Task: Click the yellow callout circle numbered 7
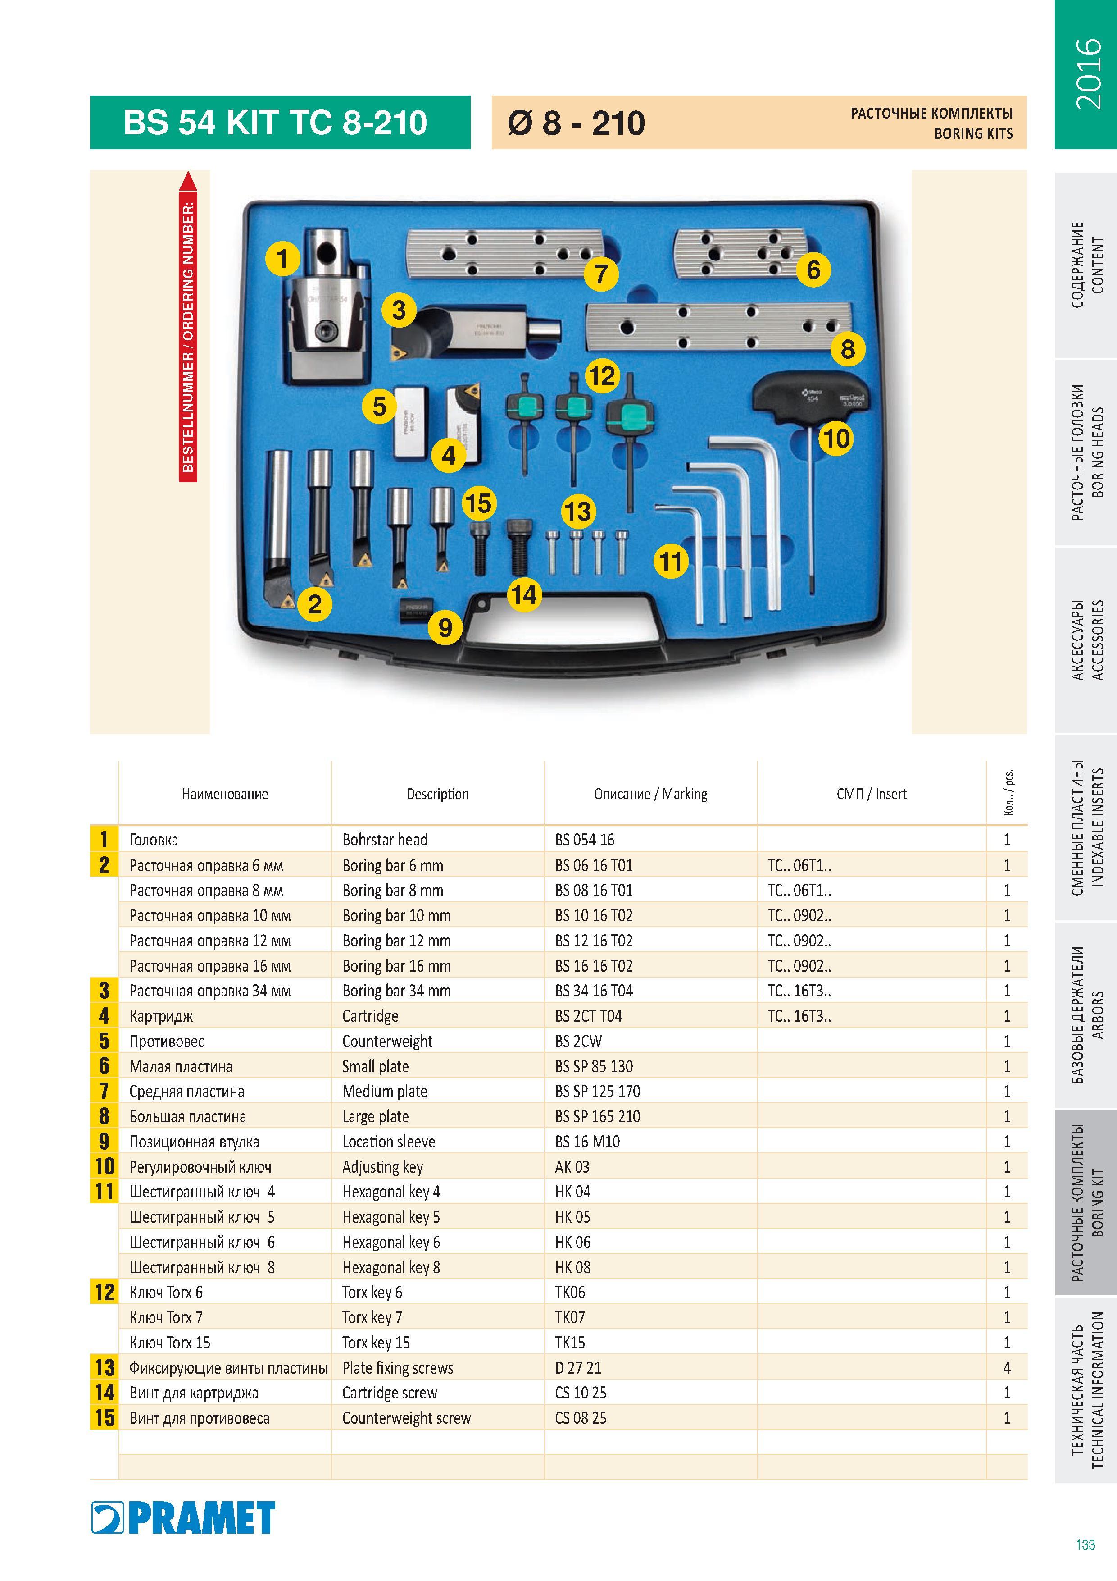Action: [x=601, y=274]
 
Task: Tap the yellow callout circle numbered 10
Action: [x=835, y=438]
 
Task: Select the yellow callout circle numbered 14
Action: [x=524, y=594]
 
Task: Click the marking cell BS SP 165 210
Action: [x=597, y=1116]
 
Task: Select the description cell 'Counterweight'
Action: [x=387, y=1041]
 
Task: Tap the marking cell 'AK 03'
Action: [x=572, y=1166]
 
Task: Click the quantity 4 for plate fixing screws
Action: [x=1007, y=1367]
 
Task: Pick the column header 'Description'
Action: [x=438, y=794]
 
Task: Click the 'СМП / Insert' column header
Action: [x=871, y=794]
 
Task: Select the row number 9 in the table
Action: [x=104, y=1142]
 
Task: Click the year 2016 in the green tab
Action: [x=1087, y=73]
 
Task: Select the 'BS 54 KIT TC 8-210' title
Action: [x=275, y=123]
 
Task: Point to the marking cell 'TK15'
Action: [x=570, y=1343]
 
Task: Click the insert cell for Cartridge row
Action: [x=799, y=1016]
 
